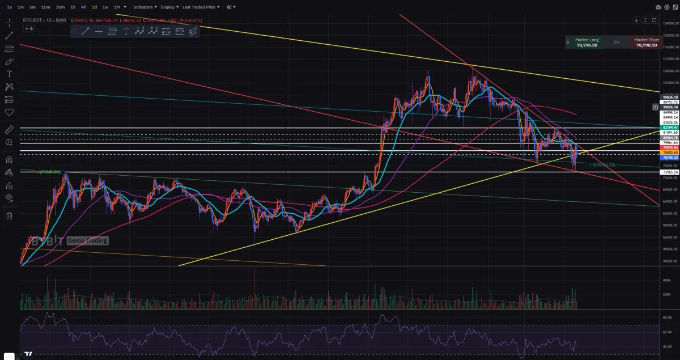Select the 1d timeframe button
click(94, 7)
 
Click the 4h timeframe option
click(83, 7)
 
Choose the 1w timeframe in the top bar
click(105, 7)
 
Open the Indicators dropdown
click(144, 7)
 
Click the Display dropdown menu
click(168, 7)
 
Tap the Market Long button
click(586, 43)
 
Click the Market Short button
click(647, 43)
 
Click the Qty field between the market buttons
click(617, 42)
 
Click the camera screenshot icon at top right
click(658, 7)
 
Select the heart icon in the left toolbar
click(9, 112)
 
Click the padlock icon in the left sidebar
click(9, 185)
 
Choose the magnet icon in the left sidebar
click(9, 159)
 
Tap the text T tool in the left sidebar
click(9, 74)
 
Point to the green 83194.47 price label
click(670, 128)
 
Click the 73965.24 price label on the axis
click(670, 171)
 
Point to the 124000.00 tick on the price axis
click(670, 23)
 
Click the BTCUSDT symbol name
click(33, 20)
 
